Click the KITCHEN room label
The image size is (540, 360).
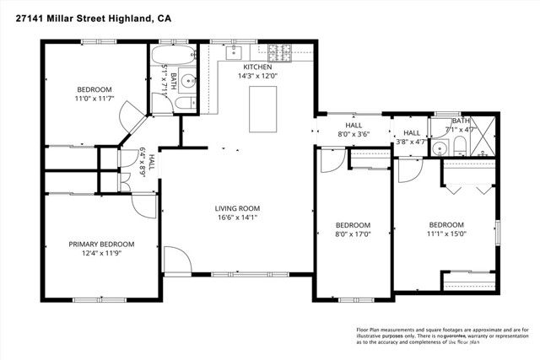tap(257, 67)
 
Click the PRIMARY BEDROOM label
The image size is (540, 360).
tap(101, 244)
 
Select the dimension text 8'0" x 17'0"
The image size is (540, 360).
tap(353, 235)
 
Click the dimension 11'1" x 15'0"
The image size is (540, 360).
tap(446, 235)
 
